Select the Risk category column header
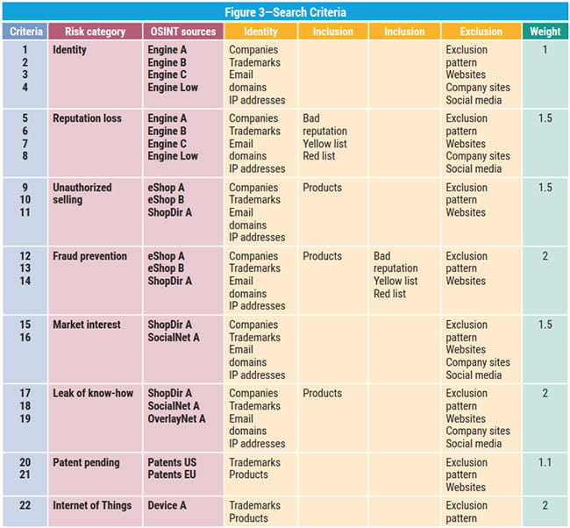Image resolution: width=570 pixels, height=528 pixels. [x=94, y=32]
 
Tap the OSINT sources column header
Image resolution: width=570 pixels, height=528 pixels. [x=182, y=32]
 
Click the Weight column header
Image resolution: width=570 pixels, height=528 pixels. [x=545, y=32]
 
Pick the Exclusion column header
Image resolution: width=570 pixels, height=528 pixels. [x=481, y=32]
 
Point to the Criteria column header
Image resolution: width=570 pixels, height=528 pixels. [x=26, y=32]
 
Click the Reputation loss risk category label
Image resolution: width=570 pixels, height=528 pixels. [x=87, y=118]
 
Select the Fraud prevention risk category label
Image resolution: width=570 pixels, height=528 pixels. [x=89, y=256]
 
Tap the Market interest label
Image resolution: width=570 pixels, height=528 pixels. [x=87, y=325]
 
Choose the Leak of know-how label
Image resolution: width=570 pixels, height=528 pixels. [x=93, y=393]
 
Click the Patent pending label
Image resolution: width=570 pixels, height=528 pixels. [x=86, y=462]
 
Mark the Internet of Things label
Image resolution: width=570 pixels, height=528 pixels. [x=92, y=505]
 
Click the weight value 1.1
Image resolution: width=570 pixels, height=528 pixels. [x=545, y=462]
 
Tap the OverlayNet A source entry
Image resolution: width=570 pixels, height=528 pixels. [x=176, y=418]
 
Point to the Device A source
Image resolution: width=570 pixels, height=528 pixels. [x=167, y=505]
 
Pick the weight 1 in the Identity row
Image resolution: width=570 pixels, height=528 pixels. [x=545, y=50]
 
